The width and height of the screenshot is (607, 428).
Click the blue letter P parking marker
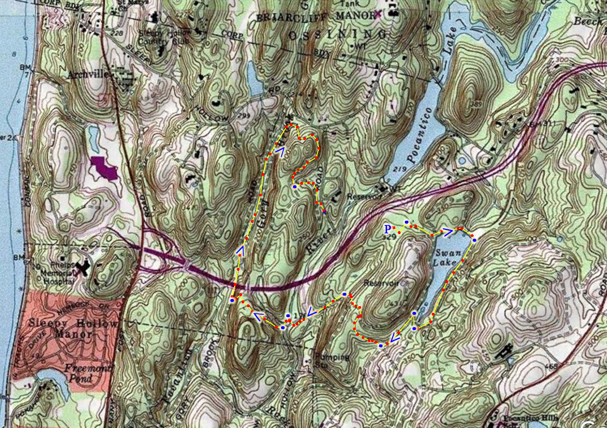point(388,229)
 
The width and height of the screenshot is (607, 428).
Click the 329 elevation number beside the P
point(390,237)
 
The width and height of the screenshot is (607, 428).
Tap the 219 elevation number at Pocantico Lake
point(400,169)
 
